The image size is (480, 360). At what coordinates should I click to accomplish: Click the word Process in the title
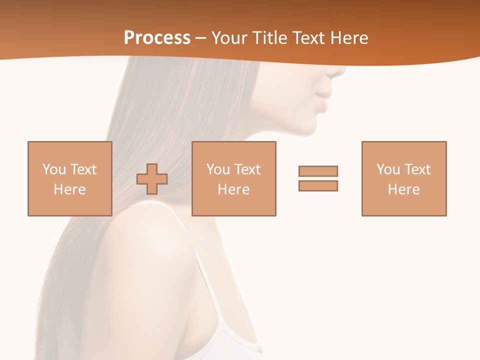[x=157, y=38]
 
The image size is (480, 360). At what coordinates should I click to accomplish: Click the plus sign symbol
[x=152, y=179]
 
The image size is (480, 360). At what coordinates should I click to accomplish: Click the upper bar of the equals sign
[x=318, y=171]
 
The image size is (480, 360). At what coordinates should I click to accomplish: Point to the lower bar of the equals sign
[x=318, y=185]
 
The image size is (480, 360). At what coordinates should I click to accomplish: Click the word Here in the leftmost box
[x=69, y=189]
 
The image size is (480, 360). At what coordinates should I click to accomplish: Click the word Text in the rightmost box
[x=417, y=169]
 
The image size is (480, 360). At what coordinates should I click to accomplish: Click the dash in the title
[x=201, y=38]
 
